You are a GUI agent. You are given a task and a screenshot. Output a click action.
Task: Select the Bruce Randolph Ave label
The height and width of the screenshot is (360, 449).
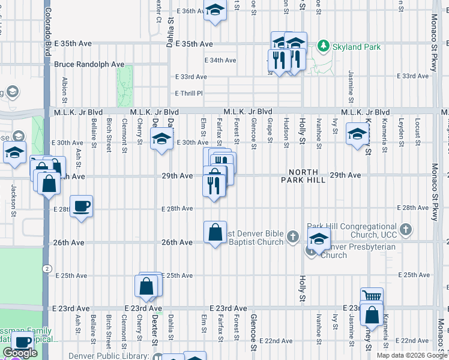[x=89, y=64]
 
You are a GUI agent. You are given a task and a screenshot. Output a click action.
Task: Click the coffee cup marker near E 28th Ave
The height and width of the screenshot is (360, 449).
[x=82, y=207]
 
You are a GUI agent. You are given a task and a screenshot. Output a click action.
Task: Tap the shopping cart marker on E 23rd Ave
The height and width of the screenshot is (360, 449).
[x=372, y=296]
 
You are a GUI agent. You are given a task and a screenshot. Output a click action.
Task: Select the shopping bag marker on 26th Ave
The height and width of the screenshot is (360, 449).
[x=215, y=232]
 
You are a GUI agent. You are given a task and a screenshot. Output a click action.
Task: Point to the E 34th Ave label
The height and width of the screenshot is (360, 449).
[x=220, y=60]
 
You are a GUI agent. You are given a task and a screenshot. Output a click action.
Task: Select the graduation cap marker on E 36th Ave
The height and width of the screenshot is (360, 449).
[x=215, y=10]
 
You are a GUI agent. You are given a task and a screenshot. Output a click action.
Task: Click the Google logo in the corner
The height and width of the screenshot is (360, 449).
[x=20, y=353]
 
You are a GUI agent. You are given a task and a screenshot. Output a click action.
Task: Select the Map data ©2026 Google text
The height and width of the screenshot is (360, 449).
[x=412, y=355]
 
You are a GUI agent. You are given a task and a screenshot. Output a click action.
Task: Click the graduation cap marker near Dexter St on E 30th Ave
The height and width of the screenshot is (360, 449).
[x=161, y=140]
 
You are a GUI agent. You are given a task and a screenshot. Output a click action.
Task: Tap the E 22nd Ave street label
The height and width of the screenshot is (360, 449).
[x=278, y=341]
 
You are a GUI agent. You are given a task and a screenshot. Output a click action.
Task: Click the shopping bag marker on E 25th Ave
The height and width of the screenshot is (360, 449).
[x=148, y=287]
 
